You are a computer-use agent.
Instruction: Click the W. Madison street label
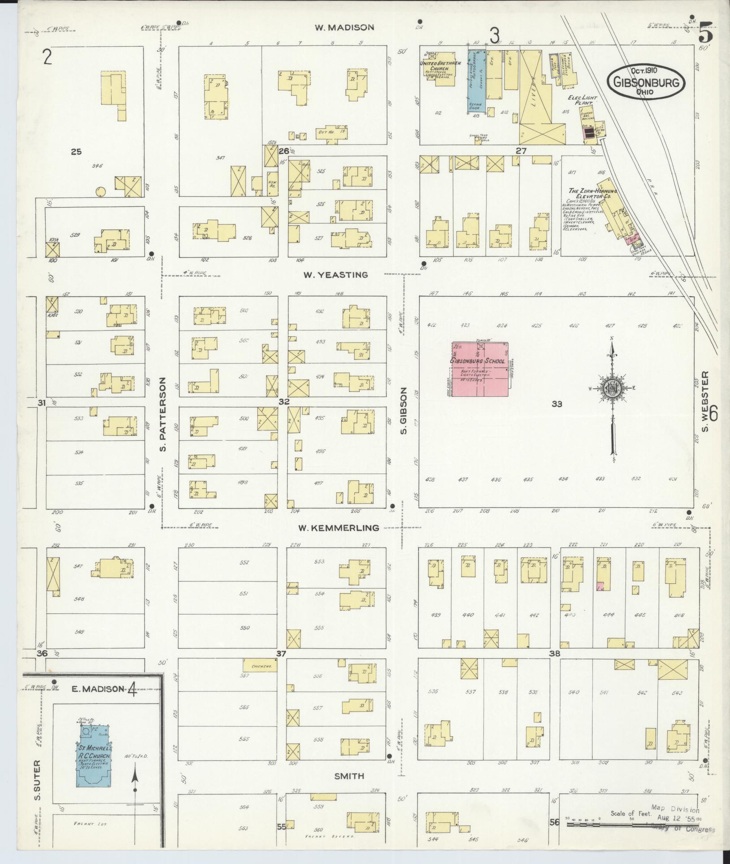point(344,27)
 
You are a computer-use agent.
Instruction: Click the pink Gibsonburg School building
point(479,369)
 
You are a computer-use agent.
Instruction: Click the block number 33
point(556,404)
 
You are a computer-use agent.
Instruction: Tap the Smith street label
point(349,776)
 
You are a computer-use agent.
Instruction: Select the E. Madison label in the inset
point(97,689)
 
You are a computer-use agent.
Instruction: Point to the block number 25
point(76,152)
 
